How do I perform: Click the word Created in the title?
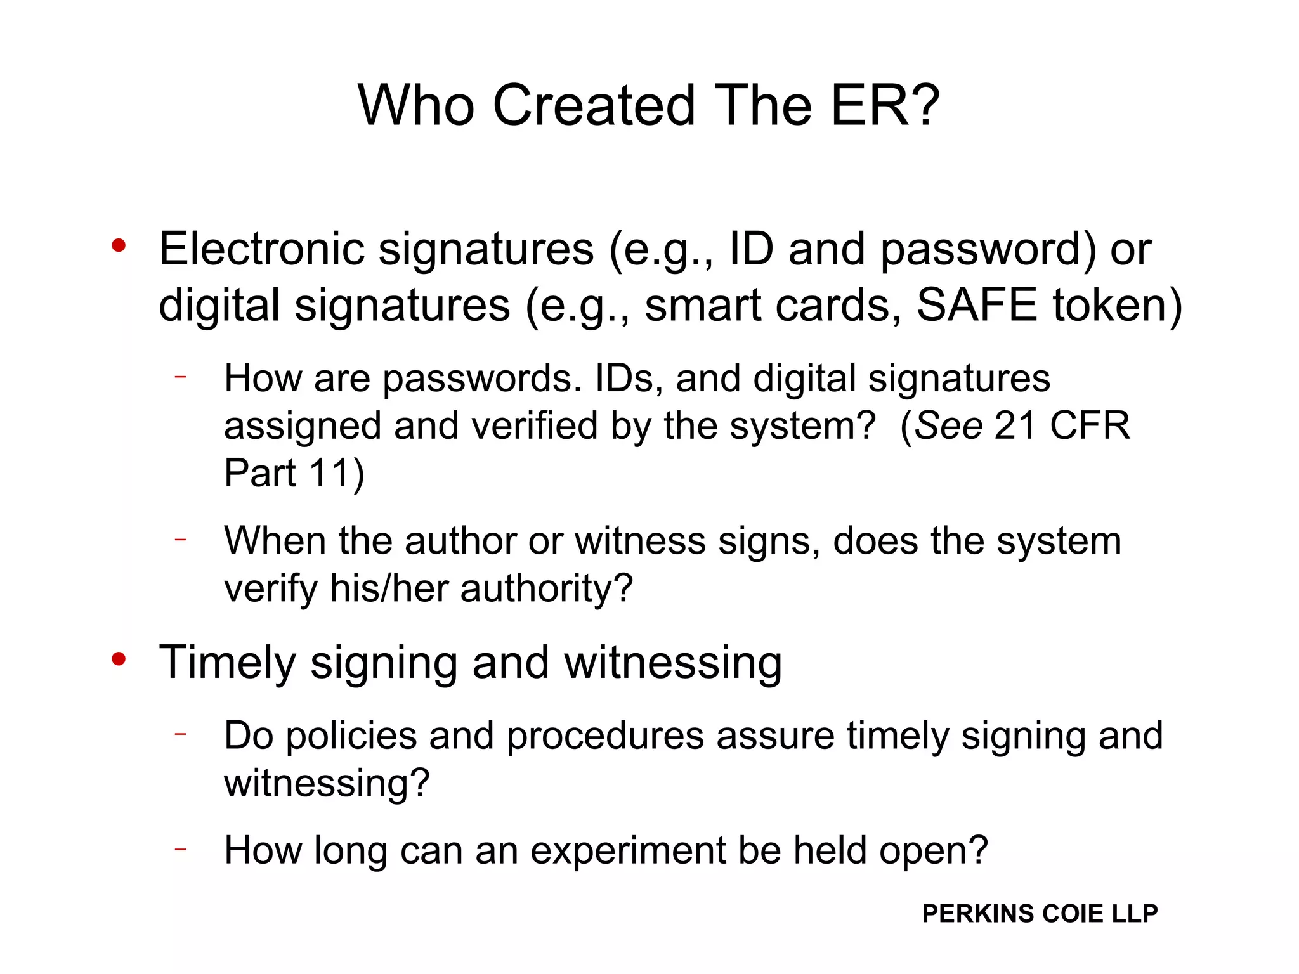coord(594,105)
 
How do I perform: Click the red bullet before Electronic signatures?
coord(119,245)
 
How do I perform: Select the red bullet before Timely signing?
coord(119,659)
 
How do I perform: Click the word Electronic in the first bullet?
coord(261,249)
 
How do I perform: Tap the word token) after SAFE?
coord(1118,305)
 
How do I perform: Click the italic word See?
coord(948,425)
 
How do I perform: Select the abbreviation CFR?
coord(1090,425)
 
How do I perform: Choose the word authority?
coord(547,588)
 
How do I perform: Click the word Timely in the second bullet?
coord(227,663)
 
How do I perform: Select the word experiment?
coord(628,851)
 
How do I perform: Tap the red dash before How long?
coord(181,848)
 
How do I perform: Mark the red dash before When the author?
coord(181,539)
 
